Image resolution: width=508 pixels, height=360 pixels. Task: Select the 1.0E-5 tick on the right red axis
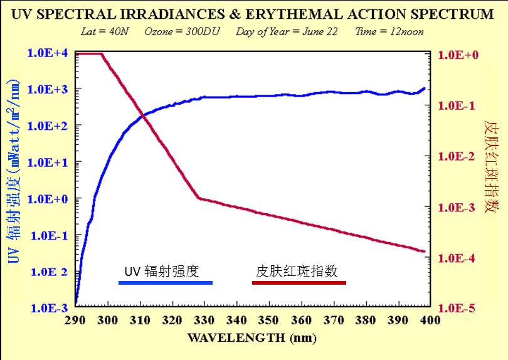click(x=458, y=309)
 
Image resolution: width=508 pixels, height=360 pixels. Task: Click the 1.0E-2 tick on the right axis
click(x=458, y=156)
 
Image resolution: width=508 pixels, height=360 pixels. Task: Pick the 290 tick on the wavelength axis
click(x=75, y=320)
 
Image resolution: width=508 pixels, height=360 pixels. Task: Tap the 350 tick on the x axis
click(x=268, y=320)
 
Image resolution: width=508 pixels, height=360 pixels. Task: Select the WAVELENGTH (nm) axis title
click(x=251, y=337)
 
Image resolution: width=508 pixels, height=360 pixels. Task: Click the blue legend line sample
click(x=166, y=283)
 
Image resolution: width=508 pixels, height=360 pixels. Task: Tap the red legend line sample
click(x=299, y=283)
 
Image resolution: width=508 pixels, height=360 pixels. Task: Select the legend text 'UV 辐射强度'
click(x=162, y=272)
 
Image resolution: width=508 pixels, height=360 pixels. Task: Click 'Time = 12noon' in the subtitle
click(x=389, y=31)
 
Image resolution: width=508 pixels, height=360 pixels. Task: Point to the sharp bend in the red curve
click(x=198, y=198)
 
